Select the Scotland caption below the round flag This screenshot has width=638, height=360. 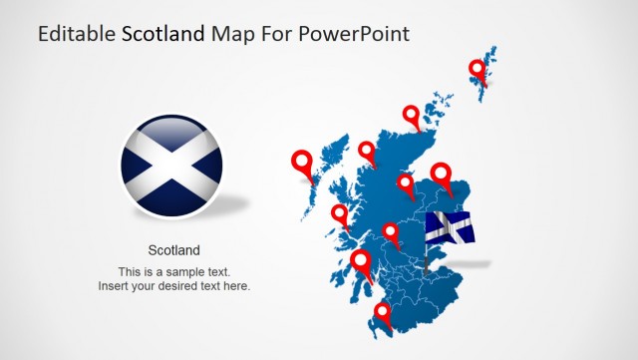(173, 250)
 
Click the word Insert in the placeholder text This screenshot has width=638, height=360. (115, 286)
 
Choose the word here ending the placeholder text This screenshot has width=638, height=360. (237, 286)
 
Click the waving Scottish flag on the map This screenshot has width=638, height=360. (450, 228)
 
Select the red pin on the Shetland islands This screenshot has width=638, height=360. (478, 70)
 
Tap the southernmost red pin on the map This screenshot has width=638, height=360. (382, 314)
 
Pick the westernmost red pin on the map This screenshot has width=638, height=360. (301, 162)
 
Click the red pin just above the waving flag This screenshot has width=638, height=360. (441, 176)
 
